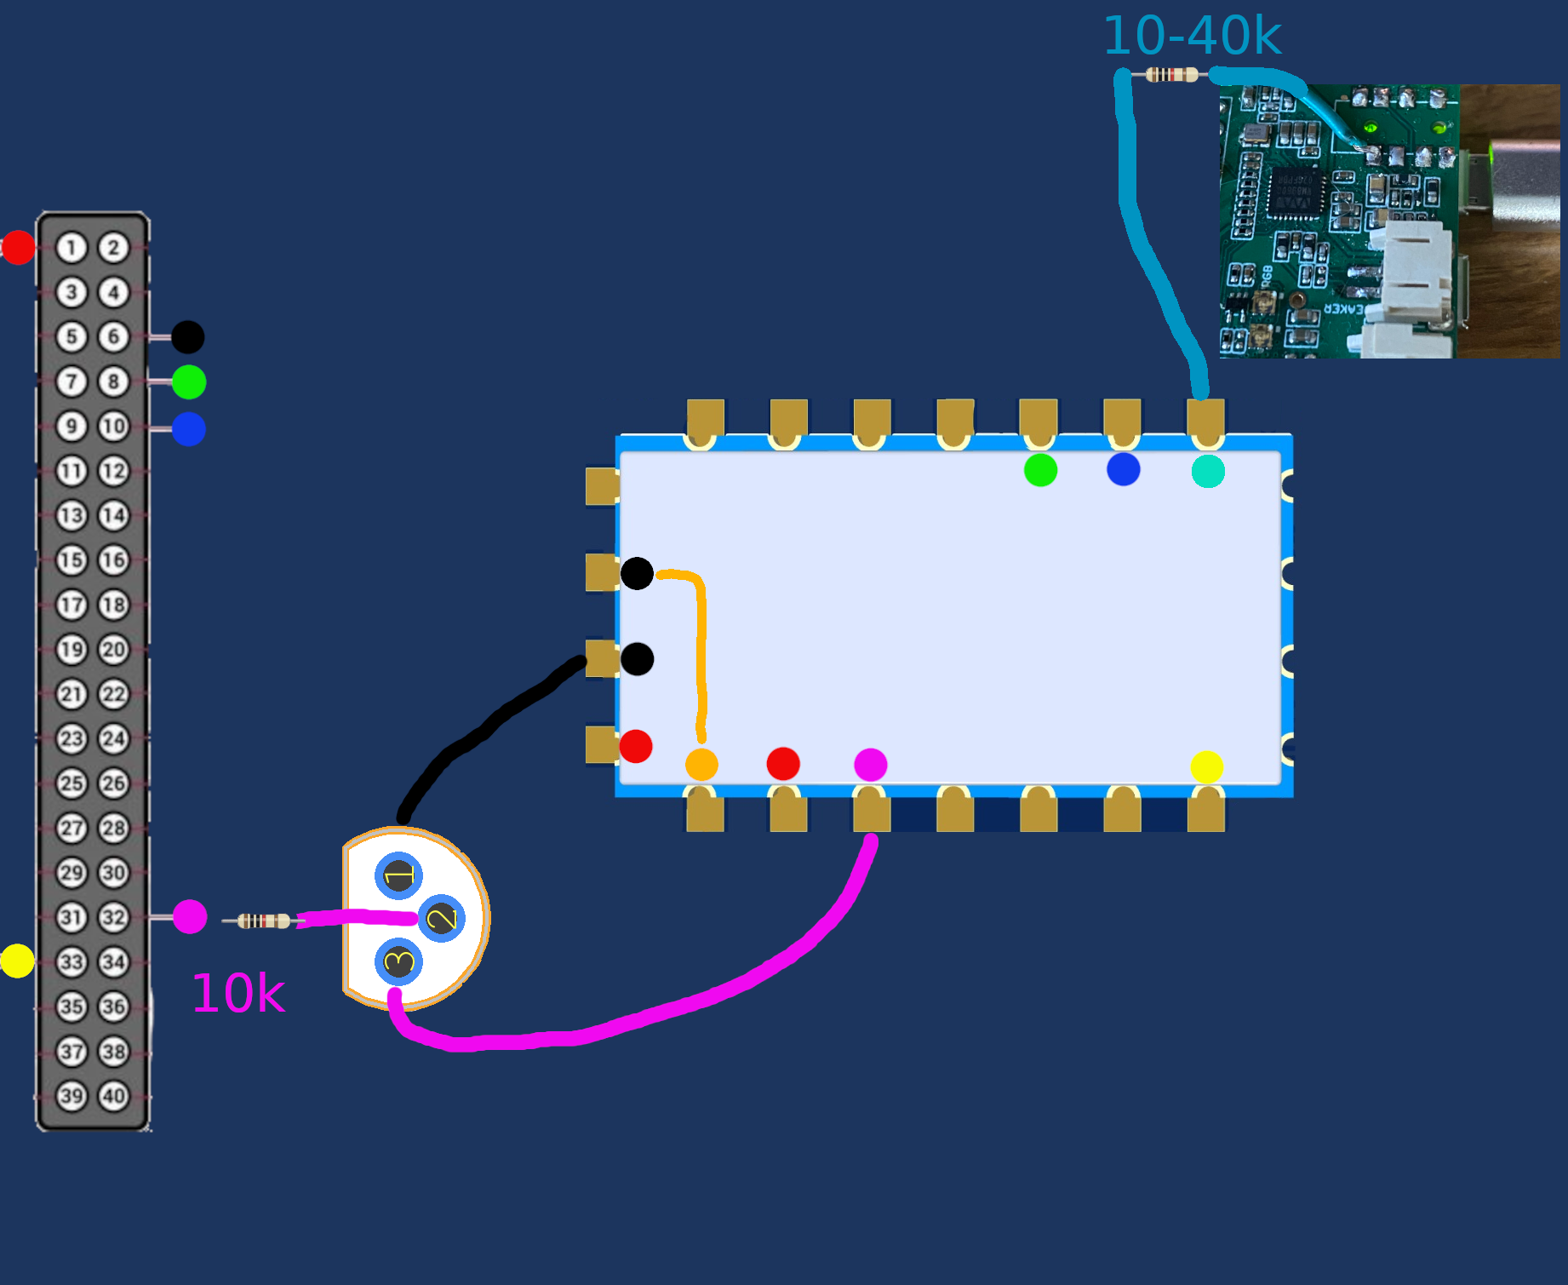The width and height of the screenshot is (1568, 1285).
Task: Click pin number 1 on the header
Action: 72,248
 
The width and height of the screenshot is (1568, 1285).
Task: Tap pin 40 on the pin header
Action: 113,1096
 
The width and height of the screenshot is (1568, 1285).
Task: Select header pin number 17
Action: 72,605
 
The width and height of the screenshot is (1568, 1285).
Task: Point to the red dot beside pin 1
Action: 18,247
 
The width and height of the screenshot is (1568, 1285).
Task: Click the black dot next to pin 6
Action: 187,337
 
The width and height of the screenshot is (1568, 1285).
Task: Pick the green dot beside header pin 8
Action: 188,382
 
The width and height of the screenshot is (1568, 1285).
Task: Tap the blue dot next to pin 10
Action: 188,428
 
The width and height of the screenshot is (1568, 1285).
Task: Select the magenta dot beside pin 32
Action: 189,916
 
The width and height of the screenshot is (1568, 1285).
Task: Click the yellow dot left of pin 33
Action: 17,961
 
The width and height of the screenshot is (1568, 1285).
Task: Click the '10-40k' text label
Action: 1192,36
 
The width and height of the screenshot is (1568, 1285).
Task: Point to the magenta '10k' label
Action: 238,993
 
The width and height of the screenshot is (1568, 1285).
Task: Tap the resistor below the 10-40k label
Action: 1171,75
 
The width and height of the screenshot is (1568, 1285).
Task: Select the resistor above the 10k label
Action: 263,921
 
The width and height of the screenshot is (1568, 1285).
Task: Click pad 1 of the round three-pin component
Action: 398,875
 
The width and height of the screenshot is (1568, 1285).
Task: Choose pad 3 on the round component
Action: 398,962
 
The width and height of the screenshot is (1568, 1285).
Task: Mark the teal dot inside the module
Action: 1208,471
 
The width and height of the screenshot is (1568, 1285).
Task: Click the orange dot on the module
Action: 701,765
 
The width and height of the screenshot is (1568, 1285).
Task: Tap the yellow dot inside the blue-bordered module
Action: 1207,766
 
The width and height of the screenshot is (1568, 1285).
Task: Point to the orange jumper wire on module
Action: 701,647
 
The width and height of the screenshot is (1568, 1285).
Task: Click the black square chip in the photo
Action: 1296,192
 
